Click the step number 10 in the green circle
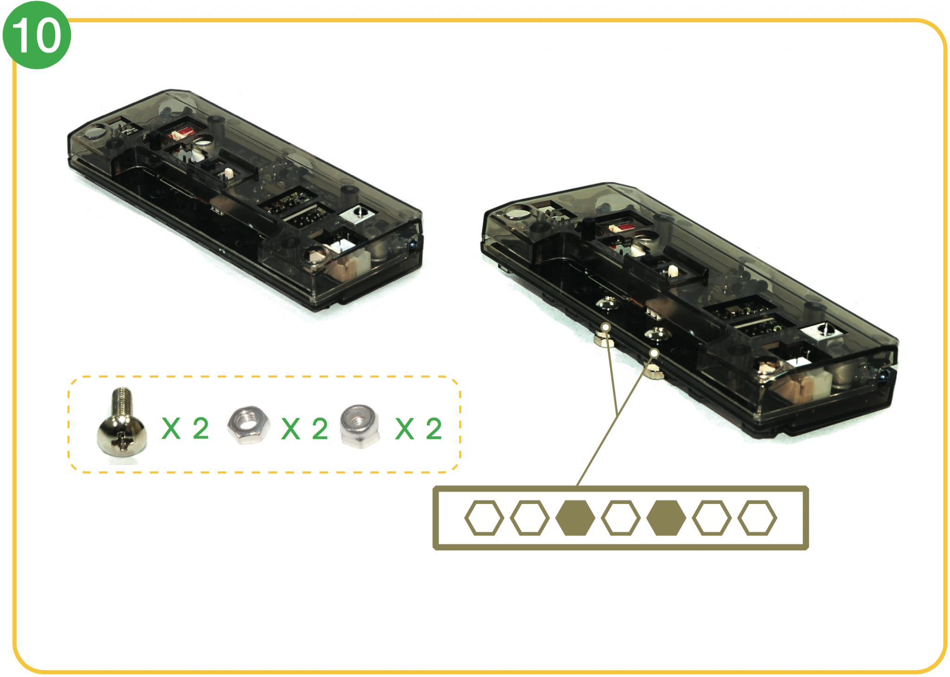point(36,35)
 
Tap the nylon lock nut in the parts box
point(360,426)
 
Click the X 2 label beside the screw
point(185,428)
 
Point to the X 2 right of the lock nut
point(418,428)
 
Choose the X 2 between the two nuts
point(305,428)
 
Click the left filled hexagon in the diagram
point(575,518)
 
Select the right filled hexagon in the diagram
point(666,518)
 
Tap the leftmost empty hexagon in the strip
point(484,518)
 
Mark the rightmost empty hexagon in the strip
point(757,518)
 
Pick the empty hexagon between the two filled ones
point(621,518)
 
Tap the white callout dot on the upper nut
point(606,327)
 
